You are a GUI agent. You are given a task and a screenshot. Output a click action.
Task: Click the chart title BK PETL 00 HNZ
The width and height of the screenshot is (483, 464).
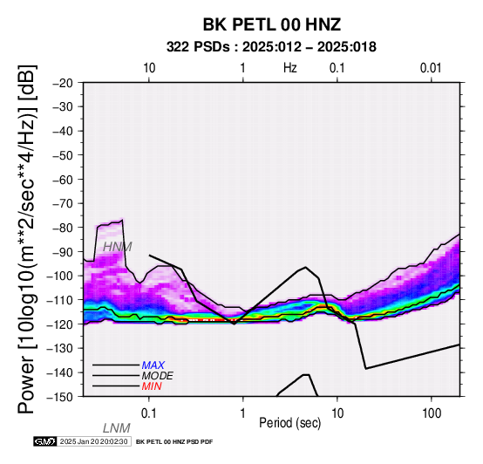pyautogui.click(x=272, y=24)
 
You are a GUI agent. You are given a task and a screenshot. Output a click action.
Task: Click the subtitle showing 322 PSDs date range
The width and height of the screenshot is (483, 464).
pyautogui.click(x=271, y=47)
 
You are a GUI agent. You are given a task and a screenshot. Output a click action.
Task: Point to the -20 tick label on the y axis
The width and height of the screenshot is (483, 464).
pyautogui.click(x=63, y=83)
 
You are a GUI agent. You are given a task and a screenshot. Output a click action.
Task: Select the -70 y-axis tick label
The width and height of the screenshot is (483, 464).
pyautogui.click(x=63, y=204)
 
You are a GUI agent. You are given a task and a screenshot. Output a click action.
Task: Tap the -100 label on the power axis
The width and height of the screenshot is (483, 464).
pyautogui.click(x=60, y=276)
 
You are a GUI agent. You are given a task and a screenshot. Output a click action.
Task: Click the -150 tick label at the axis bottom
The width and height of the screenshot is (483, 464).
pyautogui.click(x=60, y=397)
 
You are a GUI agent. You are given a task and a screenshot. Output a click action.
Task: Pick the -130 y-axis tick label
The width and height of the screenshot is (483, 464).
pyautogui.click(x=60, y=349)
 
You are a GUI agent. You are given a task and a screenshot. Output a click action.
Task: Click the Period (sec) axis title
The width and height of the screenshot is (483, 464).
pyautogui.click(x=289, y=423)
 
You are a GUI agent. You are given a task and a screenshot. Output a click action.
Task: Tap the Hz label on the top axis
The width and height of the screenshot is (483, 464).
pyautogui.click(x=290, y=68)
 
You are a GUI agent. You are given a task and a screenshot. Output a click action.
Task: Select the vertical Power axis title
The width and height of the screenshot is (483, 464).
pyautogui.click(x=27, y=239)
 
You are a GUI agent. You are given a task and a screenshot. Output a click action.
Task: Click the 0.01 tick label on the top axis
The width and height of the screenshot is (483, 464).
pyautogui.click(x=431, y=68)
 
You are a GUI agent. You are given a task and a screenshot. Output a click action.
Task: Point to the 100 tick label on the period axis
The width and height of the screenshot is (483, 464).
pyautogui.click(x=432, y=413)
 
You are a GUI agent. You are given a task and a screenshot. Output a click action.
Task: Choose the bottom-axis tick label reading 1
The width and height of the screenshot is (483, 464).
pyautogui.click(x=243, y=413)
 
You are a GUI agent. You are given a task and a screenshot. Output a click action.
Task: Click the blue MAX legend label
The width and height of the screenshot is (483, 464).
pyautogui.click(x=153, y=365)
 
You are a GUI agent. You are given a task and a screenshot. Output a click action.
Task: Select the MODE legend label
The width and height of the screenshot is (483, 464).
pyautogui.click(x=158, y=376)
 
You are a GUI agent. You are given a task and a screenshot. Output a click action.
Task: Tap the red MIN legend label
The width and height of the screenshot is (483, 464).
pyautogui.click(x=152, y=386)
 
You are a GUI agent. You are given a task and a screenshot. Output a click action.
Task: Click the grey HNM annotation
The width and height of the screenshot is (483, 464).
pyautogui.click(x=118, y=247)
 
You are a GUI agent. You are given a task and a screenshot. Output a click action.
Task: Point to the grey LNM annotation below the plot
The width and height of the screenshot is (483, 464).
pyautogui.click(x=117, y=428)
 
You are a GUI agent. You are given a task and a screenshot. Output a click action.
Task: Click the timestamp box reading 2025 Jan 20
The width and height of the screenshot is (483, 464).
pyautogui.click(x=93, y=441)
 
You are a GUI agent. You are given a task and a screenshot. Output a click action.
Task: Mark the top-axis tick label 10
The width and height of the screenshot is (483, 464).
pyautogui.click(x=149, y=68)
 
